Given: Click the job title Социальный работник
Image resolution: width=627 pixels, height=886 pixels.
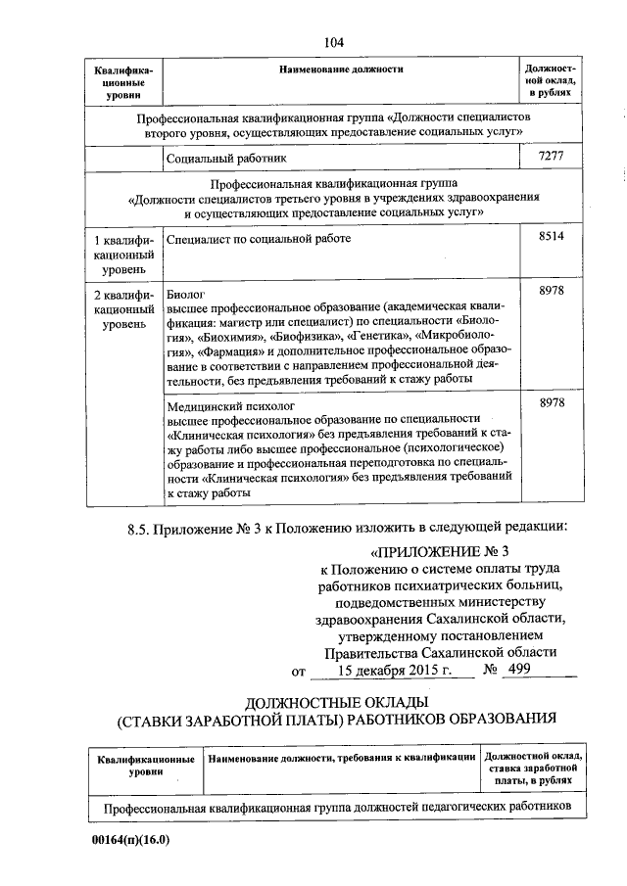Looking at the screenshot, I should point(227,158).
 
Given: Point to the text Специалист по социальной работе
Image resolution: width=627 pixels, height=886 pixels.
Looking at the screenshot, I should point(259,238).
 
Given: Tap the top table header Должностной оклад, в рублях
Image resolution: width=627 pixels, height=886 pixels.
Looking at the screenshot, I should point(551,81).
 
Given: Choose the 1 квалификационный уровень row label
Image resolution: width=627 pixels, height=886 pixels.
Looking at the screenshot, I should point(122,254).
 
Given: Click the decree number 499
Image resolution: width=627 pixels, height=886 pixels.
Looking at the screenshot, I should point(520,671).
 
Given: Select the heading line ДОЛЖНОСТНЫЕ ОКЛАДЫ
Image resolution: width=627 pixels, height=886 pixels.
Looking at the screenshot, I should point(336,702).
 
